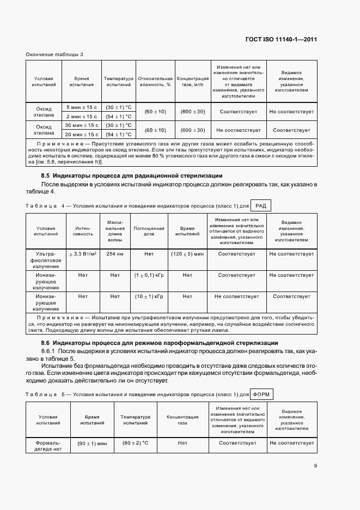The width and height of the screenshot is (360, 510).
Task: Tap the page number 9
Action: (315, 466)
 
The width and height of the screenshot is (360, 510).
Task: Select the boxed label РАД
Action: (261, 205)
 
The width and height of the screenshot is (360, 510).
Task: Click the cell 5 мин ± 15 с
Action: (82, 107)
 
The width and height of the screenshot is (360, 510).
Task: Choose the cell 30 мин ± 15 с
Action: (82, 125)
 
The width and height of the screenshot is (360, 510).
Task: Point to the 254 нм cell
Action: (115, 254)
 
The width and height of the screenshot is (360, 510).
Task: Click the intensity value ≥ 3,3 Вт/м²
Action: (83, 254)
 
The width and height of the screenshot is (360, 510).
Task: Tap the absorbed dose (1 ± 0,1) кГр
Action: (149, 275)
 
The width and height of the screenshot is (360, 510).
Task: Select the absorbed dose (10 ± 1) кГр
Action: (149, 296)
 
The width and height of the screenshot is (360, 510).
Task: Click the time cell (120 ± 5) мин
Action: (187, 254)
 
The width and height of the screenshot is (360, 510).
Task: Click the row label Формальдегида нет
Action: (48, 446)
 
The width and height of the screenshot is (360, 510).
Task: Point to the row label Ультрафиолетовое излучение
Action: (48, 260)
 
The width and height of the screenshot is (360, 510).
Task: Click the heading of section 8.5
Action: (132, 175)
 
